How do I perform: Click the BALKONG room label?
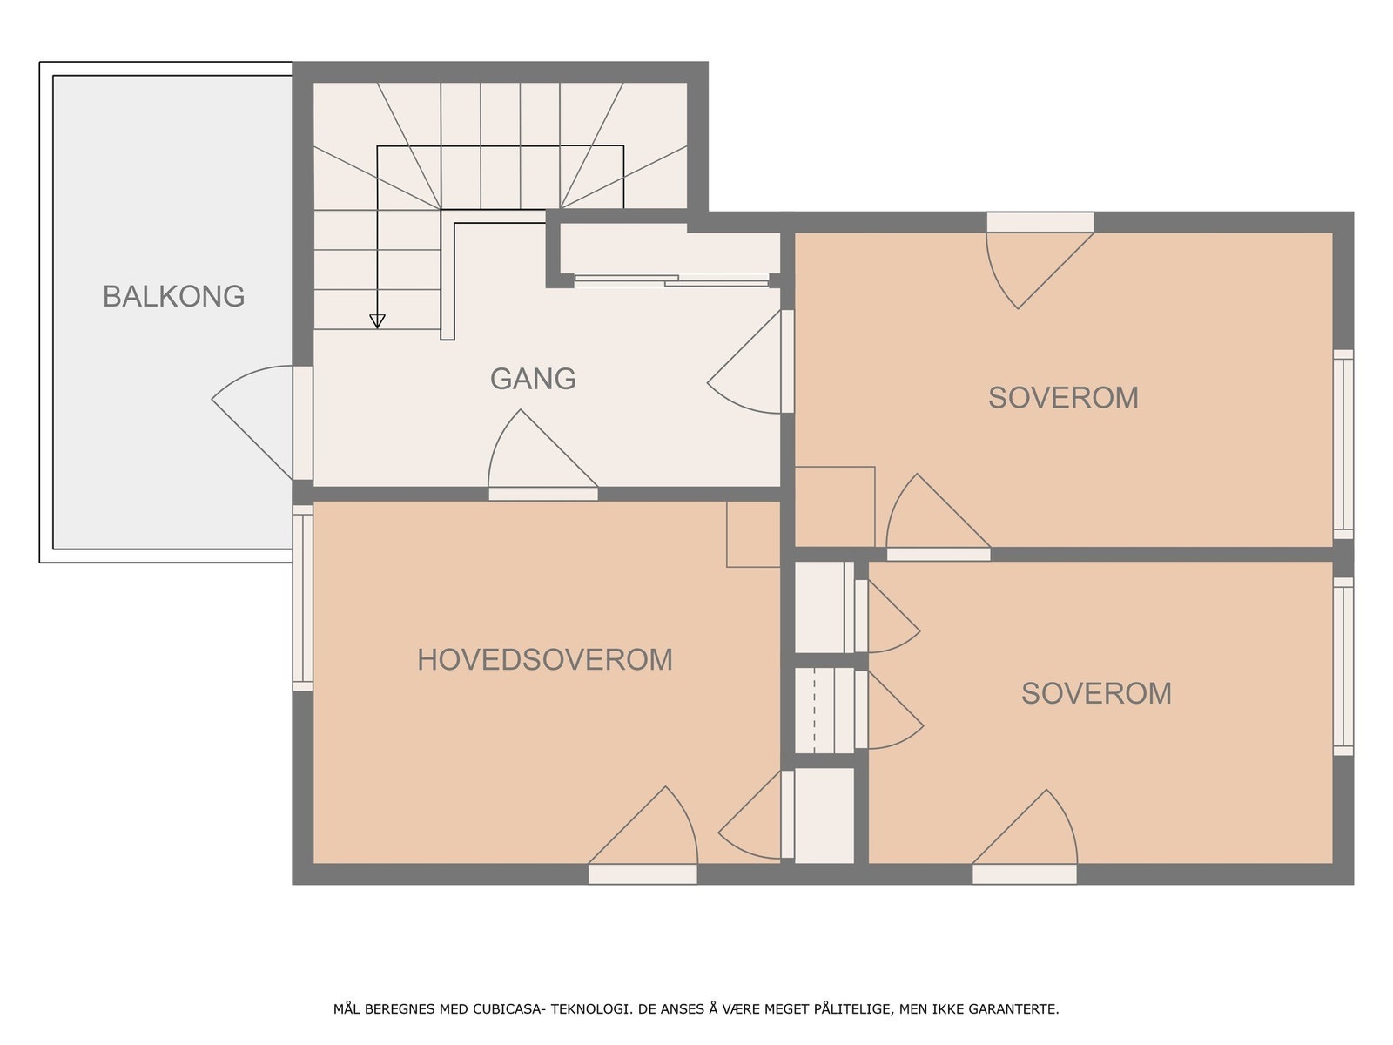tap(173, 296)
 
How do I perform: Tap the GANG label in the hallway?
tap(533, 379)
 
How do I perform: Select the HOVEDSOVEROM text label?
tap(545, 660)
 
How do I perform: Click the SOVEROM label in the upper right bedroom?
tap(1063, 398)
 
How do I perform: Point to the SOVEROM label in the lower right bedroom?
tap(1096, 693)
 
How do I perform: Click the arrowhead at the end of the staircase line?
tap(377, 321)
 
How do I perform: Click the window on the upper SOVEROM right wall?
tap(1343, 444)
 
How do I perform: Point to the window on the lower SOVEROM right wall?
tap(1343, 666)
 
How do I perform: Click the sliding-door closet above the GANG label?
tap(669, 253)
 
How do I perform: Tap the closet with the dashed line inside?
tap(824, 711)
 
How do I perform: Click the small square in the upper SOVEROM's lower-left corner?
tap(835, 506)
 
